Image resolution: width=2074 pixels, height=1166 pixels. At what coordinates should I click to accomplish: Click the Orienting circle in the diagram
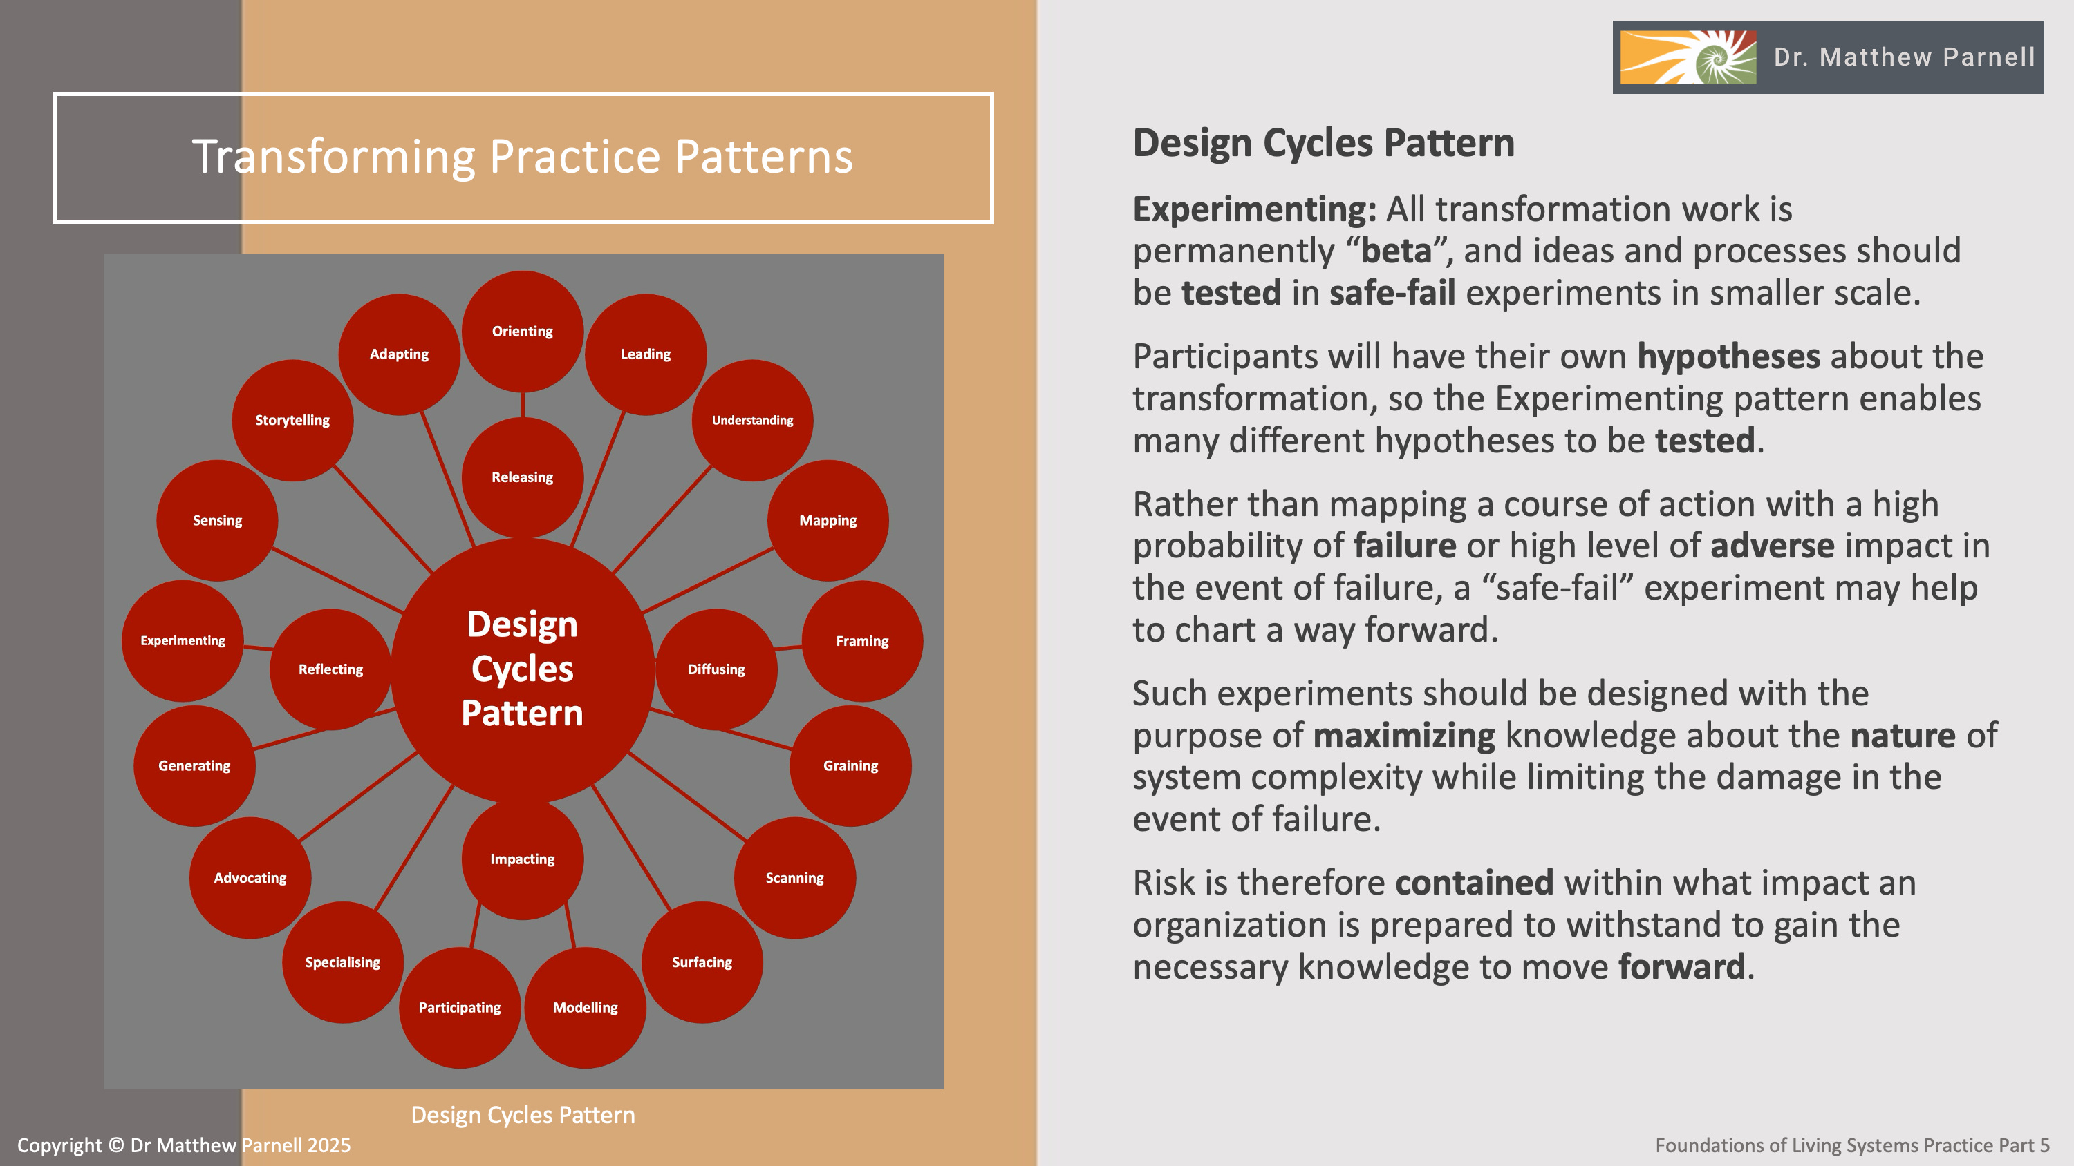click(x=523, y=331)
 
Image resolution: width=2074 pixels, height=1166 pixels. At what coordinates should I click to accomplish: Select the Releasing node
click(x=523, y=477)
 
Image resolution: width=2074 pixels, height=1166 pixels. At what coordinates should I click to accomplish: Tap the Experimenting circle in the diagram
click(x=183, y=640)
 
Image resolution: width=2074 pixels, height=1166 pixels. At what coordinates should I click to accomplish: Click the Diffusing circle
click(x=716, y=669)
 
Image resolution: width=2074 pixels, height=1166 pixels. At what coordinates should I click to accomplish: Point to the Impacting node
click(x=523, y=859)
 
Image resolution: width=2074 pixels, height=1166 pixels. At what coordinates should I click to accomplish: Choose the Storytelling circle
click(x=292, y=420)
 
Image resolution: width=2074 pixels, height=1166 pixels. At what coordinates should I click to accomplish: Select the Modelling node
click(x=586, y=1008)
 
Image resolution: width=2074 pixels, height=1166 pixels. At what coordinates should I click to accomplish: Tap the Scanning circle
click(x=794, y=878)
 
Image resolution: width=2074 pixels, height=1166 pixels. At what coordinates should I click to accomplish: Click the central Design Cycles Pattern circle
click(x=523, y=669)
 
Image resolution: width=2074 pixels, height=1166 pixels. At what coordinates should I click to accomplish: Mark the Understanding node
click(x=752, y=420)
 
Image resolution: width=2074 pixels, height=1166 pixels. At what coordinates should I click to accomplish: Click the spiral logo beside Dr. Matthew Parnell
click(x=1688, y=57)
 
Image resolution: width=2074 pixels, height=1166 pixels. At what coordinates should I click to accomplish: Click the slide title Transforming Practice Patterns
click(x=523, y=156)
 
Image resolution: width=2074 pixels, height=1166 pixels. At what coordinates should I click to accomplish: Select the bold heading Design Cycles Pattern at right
click(x=1324, y=143)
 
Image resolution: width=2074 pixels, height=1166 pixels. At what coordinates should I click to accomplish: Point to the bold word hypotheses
click(x=1728, y=356)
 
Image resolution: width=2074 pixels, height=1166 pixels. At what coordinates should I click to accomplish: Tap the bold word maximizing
click(x=1404, y=736)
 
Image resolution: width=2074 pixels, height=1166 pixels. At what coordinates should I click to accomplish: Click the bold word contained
click(x=1474, y=883)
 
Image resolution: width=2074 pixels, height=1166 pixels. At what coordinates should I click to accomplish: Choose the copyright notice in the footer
click(x=184, y=1145)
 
